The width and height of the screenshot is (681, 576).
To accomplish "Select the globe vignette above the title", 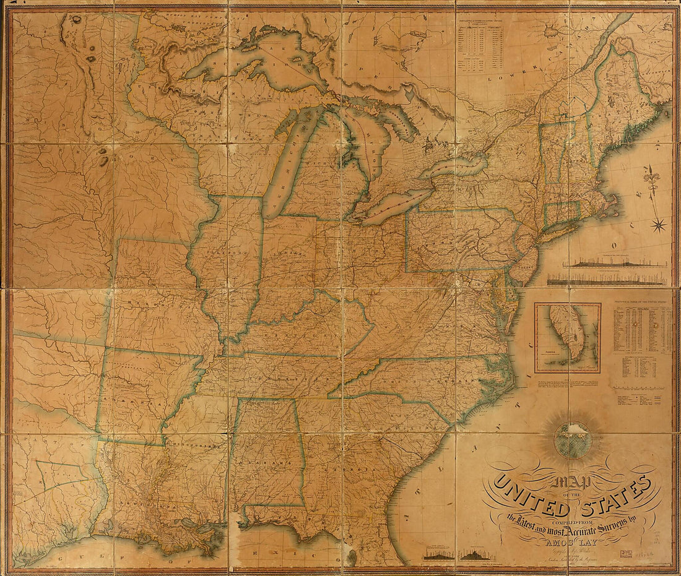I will pos(573,439).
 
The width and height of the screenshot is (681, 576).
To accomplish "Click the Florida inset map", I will pos(568,337).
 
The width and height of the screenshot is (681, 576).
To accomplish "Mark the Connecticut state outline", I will pos(562,214).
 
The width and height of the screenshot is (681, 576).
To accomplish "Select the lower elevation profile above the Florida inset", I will pos(607,280).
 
